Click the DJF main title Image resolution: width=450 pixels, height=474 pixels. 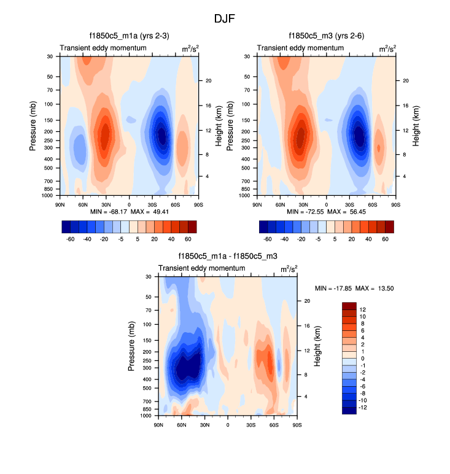click(225, 19)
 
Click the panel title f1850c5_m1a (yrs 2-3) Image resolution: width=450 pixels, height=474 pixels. click(128, 36)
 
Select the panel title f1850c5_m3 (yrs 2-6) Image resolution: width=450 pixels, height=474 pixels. click(326, 36)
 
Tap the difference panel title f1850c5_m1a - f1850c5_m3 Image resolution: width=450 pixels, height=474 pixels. click(227, 257)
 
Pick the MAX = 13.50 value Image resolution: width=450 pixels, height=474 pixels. click(376, 288)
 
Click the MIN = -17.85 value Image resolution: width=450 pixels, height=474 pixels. click(335, 288)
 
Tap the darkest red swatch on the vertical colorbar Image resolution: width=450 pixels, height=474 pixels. click(349, 306)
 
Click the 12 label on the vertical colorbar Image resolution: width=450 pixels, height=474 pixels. click(363, 309)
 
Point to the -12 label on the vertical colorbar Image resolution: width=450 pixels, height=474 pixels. click(362, 407)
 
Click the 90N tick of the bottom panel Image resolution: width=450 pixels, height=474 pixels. click(159, 425)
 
